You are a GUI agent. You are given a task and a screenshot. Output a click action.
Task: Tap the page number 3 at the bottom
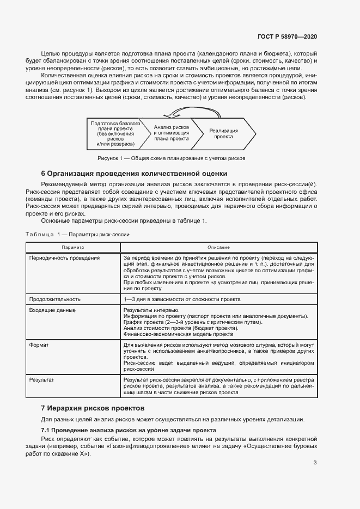315,463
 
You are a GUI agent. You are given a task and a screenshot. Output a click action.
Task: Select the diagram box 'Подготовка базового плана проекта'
112,134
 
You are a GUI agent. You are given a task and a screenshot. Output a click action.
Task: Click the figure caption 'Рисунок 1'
172,158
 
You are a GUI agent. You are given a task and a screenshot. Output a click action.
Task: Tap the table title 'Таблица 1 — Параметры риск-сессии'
77,234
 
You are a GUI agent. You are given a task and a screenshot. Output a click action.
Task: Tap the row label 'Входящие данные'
52,310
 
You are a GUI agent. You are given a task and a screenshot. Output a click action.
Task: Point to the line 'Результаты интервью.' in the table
148,310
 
